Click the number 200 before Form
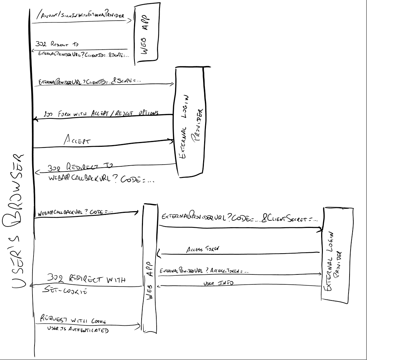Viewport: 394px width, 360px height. pos(50,115)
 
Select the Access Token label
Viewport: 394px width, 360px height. pos(201,249)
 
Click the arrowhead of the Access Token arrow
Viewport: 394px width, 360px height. pos(158,254)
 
